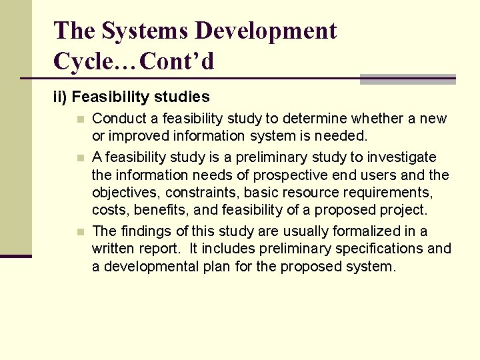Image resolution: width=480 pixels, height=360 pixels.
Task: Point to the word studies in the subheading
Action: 183,97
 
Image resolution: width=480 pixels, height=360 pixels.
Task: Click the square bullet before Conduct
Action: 80,119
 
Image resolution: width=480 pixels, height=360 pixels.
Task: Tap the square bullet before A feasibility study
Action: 80,158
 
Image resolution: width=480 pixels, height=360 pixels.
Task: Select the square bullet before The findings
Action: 80,232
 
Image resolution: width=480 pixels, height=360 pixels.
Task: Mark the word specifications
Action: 378,249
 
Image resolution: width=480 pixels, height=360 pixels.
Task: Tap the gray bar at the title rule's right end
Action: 407,79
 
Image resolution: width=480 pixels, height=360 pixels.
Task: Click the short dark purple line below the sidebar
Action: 15,256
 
